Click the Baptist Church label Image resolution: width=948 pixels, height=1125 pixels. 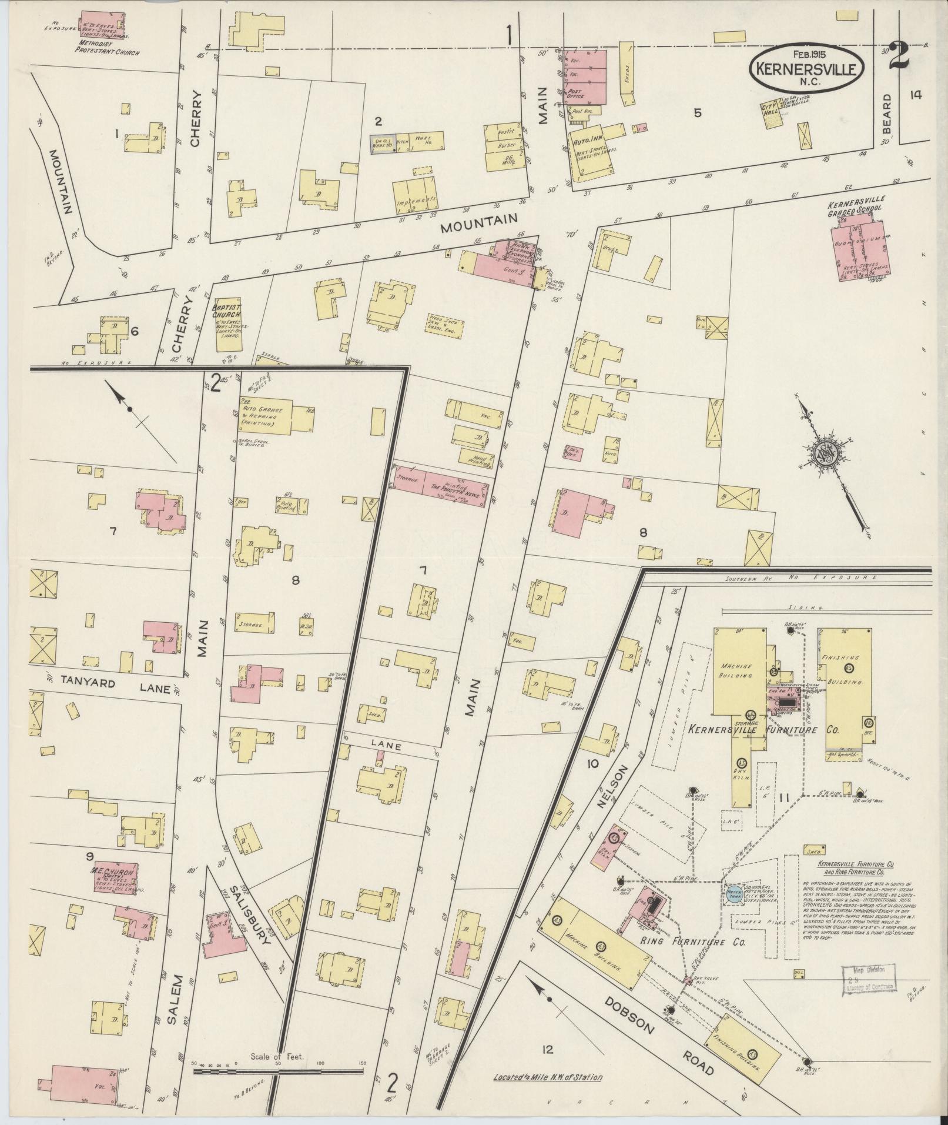pos(226,311)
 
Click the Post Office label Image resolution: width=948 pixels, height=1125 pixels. pos(579,96)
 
